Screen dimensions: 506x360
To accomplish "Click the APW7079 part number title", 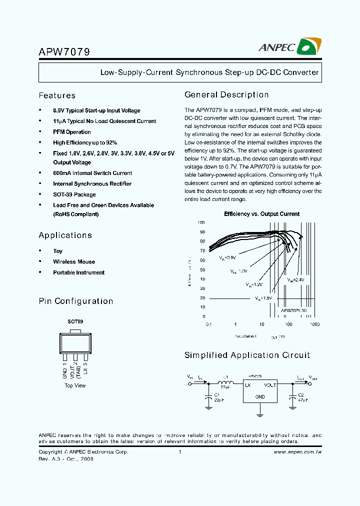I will [x=64, y=51].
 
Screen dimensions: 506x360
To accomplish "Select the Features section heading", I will [x=57, y=95].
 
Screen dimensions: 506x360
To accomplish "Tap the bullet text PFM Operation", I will [x=72, y=132].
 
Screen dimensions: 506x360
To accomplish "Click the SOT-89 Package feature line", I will [x=74, y=194].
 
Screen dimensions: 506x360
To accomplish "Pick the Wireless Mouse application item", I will [x=74, y=261].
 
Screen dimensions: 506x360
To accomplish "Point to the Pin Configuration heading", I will [x=76, y=301].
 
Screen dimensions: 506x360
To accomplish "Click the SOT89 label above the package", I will [x=75, y=322].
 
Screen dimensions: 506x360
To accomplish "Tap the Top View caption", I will [x=75, y=385].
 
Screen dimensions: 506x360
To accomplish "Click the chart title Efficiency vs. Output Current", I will [x=262, y=214].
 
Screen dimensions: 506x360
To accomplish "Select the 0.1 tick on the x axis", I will [x=209, y=324].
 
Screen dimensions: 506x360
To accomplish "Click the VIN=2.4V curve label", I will [x=295, y=280].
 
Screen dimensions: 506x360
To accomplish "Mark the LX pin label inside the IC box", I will [x=247, y=385].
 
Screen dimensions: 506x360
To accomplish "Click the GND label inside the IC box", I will [x=260, y=396].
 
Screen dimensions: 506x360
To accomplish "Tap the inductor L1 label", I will [x=225, y=377].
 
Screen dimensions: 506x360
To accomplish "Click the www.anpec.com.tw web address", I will [x=298, y=452].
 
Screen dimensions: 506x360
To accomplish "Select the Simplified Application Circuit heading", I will [x=247, y=355].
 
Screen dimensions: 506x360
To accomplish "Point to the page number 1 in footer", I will [x=179, y=452].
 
